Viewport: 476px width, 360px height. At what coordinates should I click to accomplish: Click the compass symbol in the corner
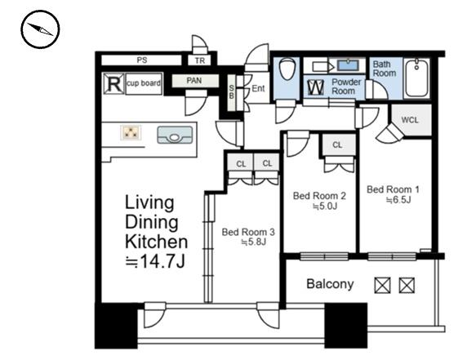(40, 29)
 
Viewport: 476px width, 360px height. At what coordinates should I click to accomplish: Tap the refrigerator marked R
(113, 83)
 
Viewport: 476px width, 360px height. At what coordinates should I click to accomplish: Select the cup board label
(144, 83)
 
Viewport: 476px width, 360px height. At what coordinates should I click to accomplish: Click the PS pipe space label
(142, 60)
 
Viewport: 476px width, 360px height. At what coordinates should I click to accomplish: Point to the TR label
(200, 60)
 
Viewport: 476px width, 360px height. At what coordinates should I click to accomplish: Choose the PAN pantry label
(194, 81)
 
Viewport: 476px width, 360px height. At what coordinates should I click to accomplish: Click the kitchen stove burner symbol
(131, 132)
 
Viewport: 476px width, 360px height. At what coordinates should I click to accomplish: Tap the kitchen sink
(175, 135)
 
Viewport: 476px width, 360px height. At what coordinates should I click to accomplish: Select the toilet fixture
(287, 69)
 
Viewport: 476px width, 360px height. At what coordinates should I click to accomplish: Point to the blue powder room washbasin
(348, 65)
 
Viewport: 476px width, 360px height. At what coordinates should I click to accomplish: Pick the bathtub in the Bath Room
(417, 78)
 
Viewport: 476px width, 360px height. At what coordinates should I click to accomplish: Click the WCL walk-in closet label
(410, 120)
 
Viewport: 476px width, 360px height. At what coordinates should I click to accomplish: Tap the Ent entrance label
(258, 88)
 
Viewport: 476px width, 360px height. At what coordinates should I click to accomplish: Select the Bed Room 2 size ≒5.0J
(326, 207)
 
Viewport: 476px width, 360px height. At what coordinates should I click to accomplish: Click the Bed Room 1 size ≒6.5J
(398, 200)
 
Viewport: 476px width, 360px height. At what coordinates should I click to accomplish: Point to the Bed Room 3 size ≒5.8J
(253, 242)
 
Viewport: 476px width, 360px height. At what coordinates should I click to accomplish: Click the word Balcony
(330, 284)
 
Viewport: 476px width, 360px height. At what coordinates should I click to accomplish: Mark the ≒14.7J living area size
(155, 262)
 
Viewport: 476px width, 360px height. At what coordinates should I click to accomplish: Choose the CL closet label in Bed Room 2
(337, 145)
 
